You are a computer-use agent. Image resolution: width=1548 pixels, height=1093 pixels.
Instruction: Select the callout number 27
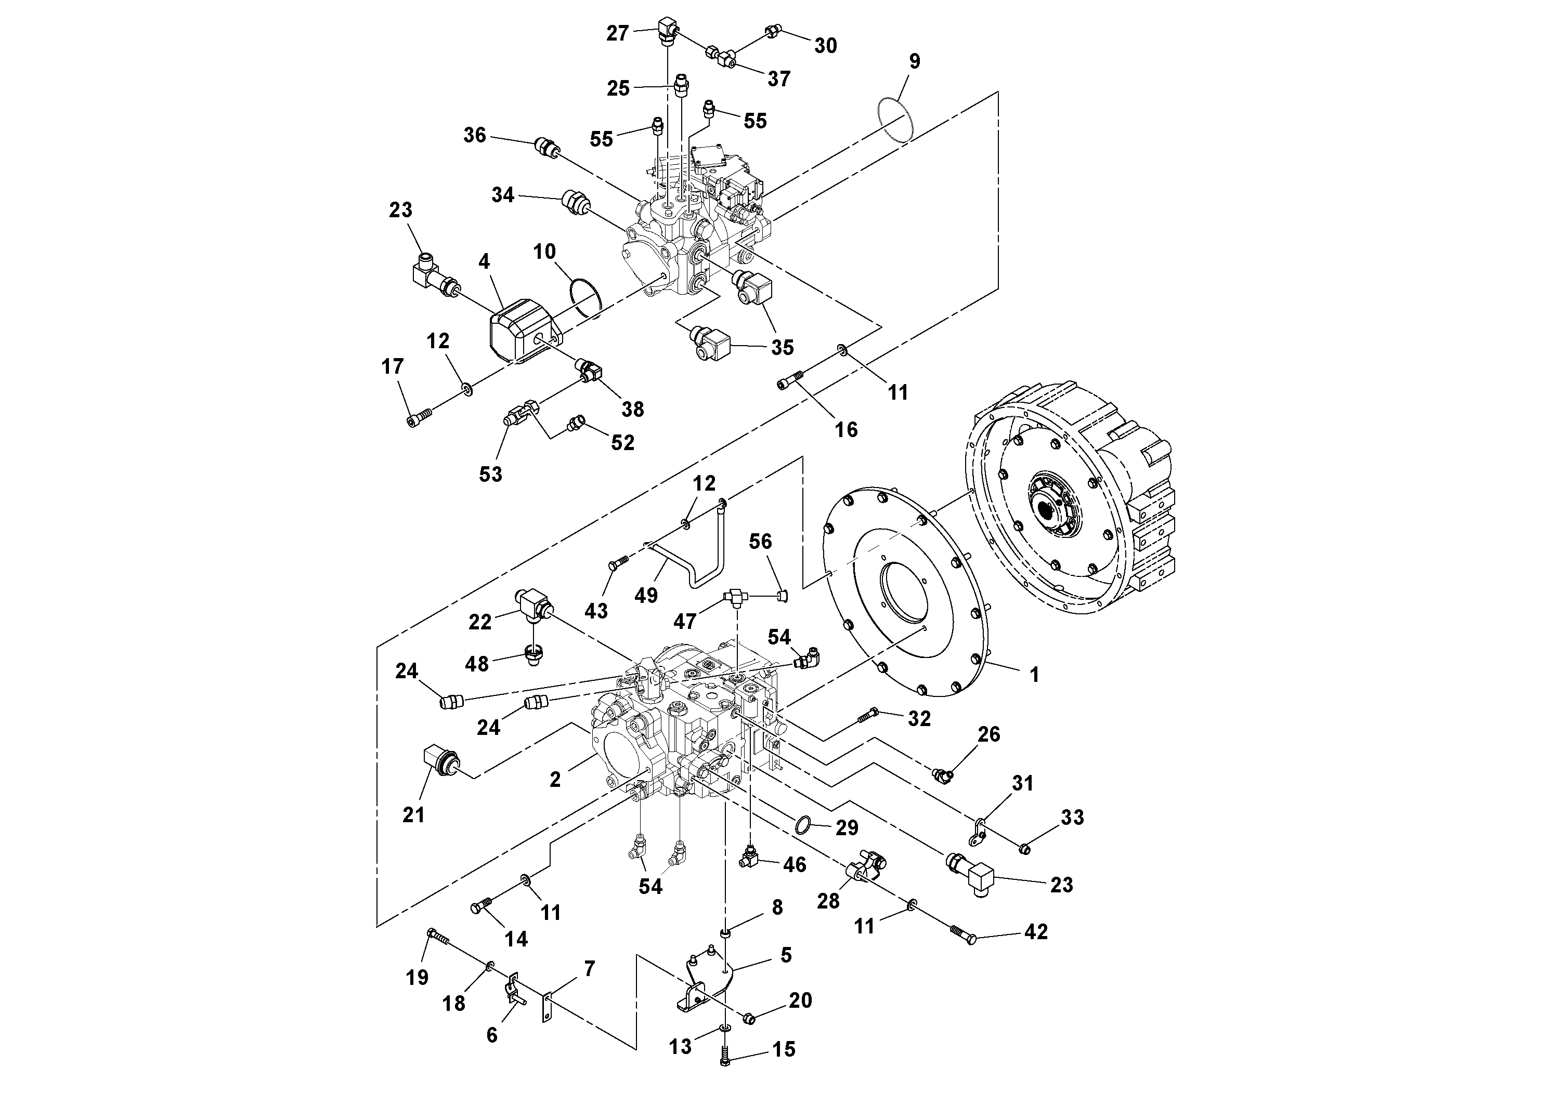617,33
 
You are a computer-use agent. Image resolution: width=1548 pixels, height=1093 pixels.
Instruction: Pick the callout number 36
474,135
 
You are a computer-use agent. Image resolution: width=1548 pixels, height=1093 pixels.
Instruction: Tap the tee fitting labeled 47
735,596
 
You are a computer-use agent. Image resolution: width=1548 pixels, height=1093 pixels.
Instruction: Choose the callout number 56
761,541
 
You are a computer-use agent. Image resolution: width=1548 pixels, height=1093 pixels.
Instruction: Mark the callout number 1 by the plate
1034,674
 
